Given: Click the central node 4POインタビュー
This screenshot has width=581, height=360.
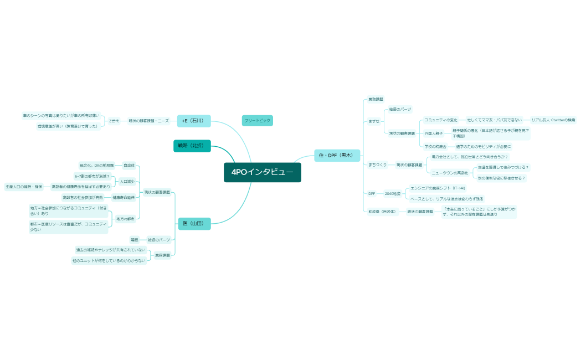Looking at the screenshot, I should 263,172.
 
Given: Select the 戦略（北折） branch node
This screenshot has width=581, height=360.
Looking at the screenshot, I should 192,146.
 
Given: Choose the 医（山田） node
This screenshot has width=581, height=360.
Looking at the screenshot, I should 194,224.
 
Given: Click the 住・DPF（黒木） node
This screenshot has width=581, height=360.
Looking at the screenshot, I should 337,156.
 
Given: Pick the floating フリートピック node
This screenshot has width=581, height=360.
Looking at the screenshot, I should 258,120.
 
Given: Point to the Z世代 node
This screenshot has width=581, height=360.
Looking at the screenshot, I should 114,121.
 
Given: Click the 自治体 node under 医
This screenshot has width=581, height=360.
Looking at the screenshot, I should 128,166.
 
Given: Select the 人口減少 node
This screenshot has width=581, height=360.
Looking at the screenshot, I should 127,181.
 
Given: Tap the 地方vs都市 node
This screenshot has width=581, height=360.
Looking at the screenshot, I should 125,219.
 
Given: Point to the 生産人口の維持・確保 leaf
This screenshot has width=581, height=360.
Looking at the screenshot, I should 24,187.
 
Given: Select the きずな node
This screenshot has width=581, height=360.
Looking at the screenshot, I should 374,121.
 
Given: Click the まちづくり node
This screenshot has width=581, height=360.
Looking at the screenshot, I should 377,165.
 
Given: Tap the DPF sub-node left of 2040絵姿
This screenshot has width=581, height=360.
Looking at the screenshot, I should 372,194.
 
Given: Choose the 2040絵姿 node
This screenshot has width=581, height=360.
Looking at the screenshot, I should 392,194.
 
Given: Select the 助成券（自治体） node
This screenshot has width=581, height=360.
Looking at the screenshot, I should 382,212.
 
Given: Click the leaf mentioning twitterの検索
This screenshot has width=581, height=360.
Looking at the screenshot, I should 553,120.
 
